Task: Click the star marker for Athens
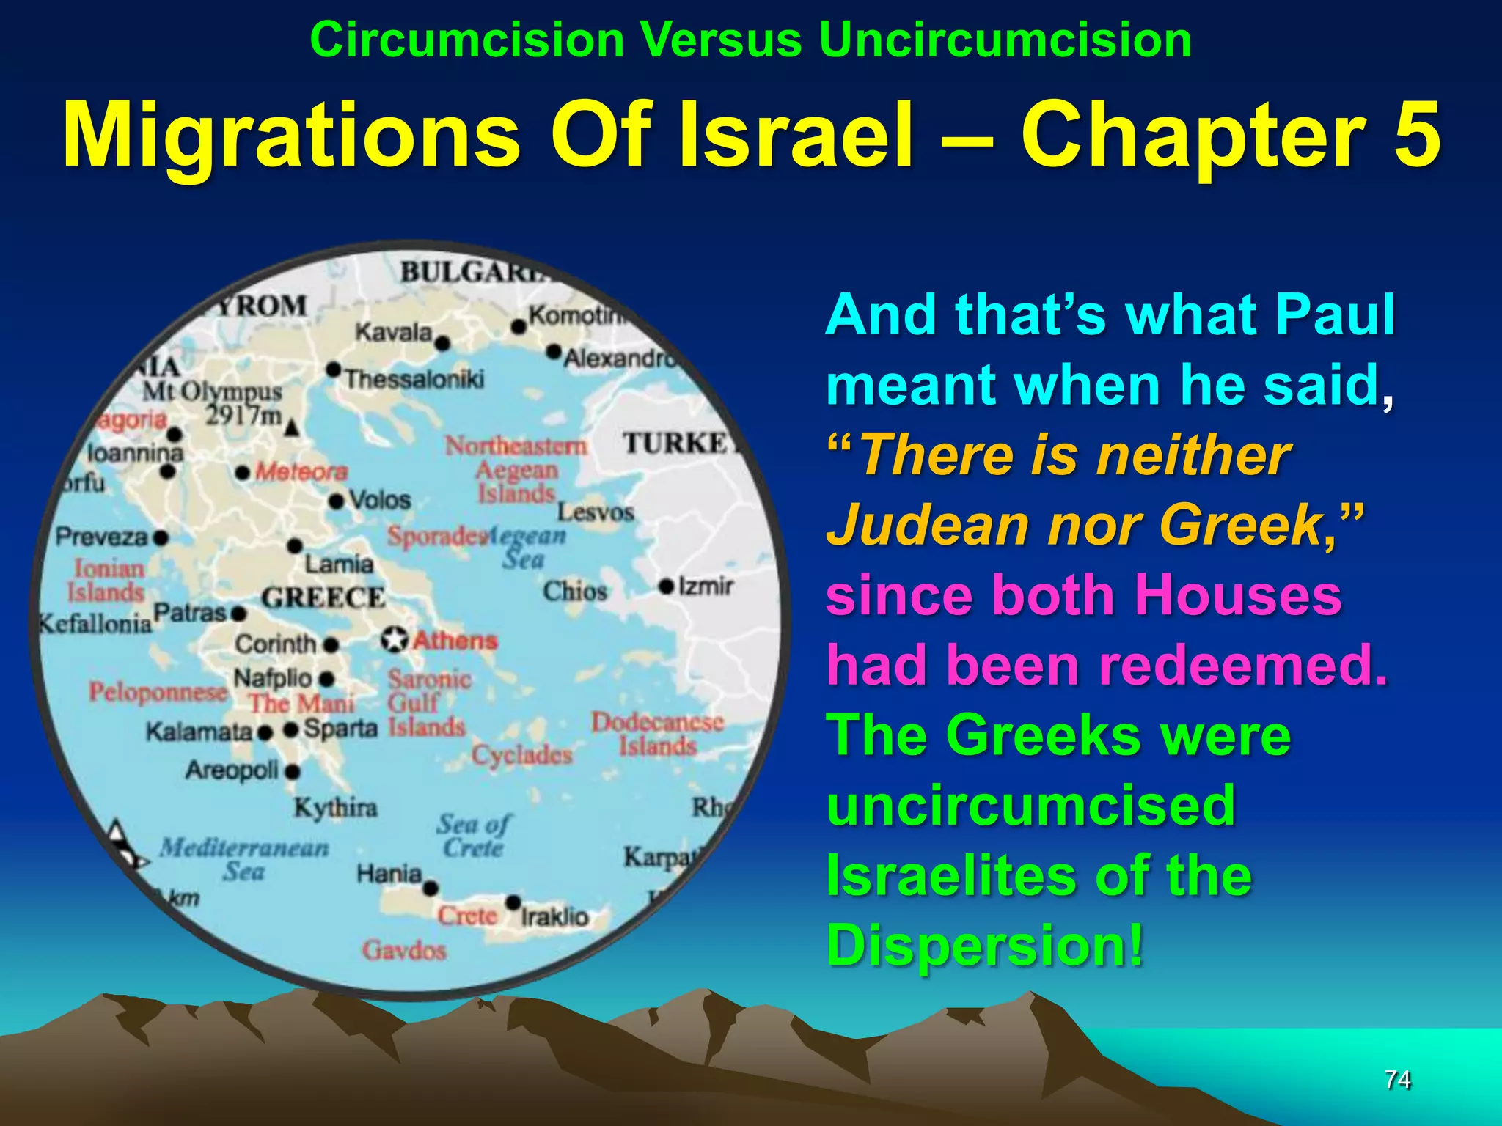coord(394,639)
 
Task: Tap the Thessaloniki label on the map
coord(414,379)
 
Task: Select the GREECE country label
coord(323,597)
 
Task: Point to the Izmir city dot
coord(666,586)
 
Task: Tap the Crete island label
coord(467,915)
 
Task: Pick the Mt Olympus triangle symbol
coord(293,428)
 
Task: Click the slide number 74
coord(1397,1079)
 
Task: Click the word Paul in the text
coord(1335,315)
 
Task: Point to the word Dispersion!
coord(985,945)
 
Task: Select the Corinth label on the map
coord(275,644)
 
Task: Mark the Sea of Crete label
coord(474,836)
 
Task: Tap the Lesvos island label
coord(595,512)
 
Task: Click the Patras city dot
coord(238,614)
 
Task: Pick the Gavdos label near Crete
coord(404,951)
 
